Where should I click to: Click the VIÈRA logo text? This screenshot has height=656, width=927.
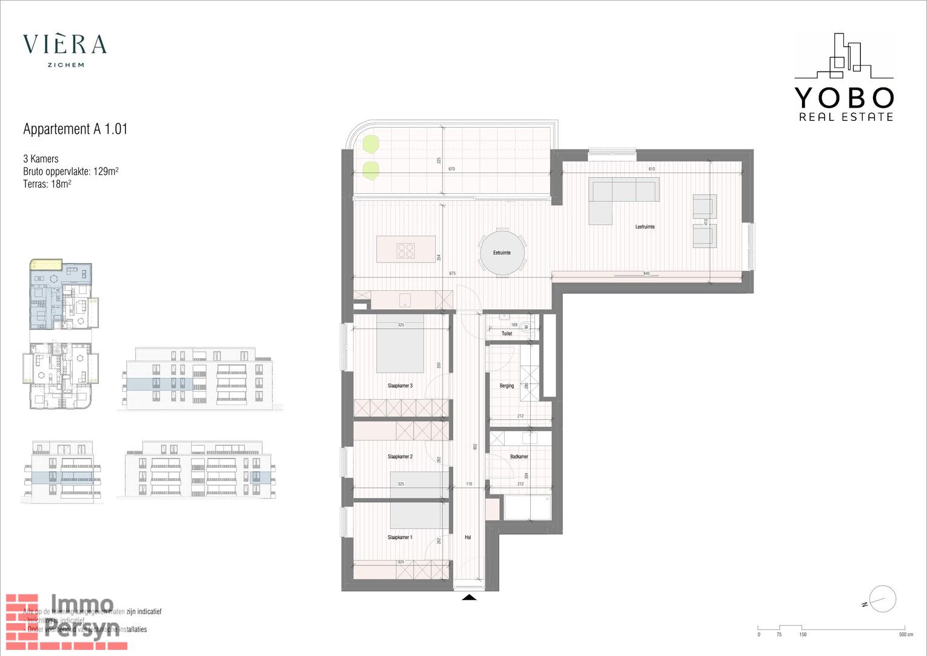point(65,44)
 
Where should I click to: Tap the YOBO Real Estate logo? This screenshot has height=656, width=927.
point(844,78)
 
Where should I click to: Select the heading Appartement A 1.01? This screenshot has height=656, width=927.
point(75,129)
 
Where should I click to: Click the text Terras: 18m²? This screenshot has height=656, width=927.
point(47,184)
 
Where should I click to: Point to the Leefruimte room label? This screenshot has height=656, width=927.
point(645,227)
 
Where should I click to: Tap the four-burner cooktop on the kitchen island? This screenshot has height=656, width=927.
point(406,251)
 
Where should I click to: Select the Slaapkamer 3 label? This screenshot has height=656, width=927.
point(400,386)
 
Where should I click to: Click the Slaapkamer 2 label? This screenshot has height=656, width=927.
point(400,457)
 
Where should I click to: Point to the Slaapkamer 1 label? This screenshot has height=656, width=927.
point(400,538)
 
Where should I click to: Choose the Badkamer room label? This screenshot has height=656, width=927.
point(519,457)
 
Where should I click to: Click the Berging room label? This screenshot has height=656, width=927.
point(507,386)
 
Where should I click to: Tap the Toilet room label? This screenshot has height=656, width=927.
point(507,333)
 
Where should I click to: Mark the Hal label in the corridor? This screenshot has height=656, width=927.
point(468,538)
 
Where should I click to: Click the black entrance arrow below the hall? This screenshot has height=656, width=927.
point(470,598)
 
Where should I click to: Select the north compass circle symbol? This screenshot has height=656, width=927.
point(883,598)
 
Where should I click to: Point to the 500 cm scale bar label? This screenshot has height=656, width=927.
point(906,635)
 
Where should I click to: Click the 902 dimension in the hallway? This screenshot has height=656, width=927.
point(475,446)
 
